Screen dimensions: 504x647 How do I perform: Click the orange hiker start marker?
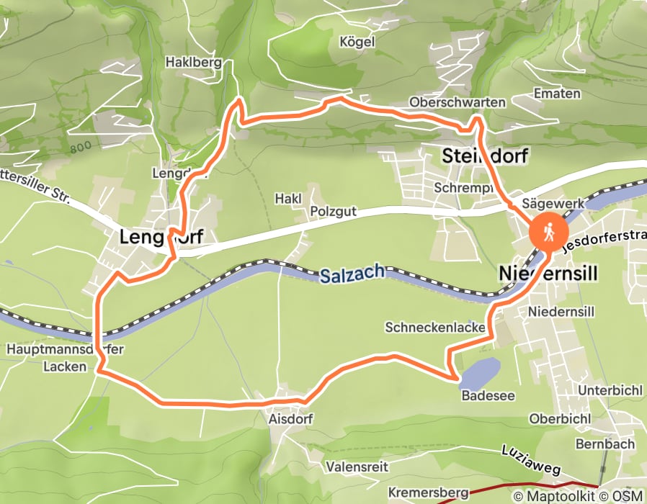point(548,233)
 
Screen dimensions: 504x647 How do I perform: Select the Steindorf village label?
point(485,156)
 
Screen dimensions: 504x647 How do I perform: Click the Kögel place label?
point(357,42)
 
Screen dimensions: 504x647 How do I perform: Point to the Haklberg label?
point(193,63)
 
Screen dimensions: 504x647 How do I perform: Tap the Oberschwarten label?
point(457,102)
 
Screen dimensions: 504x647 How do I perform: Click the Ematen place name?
point(557,94)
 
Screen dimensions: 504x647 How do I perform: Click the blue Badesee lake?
point(478,373)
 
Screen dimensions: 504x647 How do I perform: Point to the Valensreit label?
point(352,466)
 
